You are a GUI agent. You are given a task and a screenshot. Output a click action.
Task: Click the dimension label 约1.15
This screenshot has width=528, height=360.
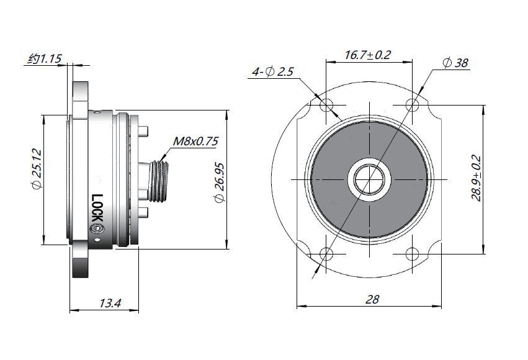tap(45, 59)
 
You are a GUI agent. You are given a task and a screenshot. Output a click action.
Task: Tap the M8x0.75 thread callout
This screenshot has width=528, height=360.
tap(195, 142)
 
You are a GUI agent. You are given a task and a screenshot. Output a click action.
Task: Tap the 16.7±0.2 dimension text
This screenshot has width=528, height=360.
tap(368, 55)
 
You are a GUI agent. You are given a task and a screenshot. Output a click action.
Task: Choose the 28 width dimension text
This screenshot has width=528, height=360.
tap(372, 299)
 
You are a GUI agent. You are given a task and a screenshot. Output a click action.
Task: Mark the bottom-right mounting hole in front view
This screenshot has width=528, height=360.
tap(412, 253)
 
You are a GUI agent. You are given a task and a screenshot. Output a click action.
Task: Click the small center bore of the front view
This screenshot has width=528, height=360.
tap(370, 179)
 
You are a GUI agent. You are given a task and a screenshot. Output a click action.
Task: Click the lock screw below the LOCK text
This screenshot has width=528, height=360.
tap(97, 230)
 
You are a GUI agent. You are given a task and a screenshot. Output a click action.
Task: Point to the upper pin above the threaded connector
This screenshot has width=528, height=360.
tap(143, 132)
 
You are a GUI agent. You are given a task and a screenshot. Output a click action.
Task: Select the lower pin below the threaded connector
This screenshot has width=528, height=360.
tap(143, 213)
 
